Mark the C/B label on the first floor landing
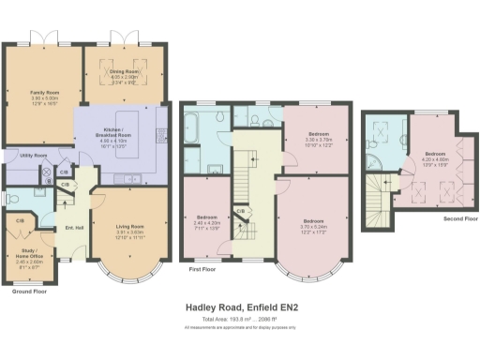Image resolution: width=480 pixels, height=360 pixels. (x=241, y=212)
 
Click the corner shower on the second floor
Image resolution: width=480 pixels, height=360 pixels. (x=381, y=132)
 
